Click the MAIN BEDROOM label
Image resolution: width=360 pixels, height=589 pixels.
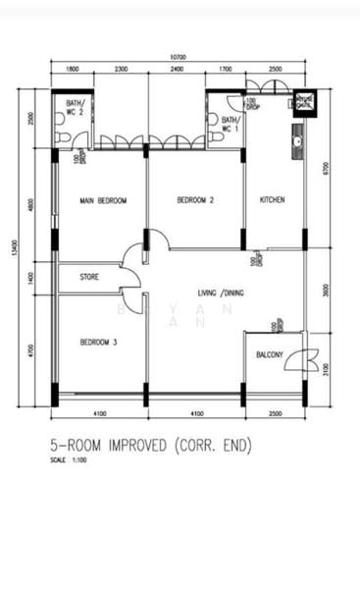point(103,200)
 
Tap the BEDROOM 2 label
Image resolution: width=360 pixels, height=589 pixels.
point(195,200)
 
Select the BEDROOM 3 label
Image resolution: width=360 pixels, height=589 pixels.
point(99,342)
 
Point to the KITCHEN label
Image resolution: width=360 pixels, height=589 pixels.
point(272,200)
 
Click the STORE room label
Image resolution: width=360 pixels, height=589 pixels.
point(89,278)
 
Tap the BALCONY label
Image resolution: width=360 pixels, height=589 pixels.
point(270,354)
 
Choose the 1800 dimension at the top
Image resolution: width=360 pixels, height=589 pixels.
point(73,71)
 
